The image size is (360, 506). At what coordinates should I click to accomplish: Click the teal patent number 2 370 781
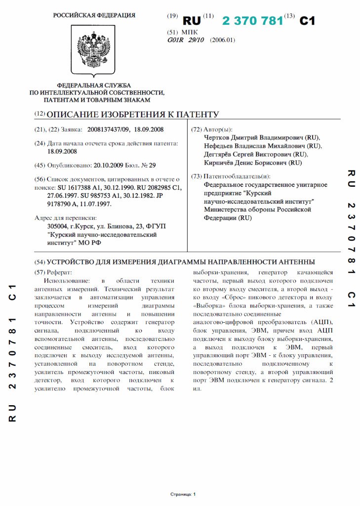click(252, 21)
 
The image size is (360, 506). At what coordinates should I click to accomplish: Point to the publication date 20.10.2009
click(108, 165)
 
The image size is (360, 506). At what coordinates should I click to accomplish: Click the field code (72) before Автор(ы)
click(196, 129)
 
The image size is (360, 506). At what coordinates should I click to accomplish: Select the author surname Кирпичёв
click(222, 163)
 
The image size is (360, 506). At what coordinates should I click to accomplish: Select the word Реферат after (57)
click(59, 272)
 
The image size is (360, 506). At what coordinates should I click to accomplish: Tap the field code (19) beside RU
click(172, 16)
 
